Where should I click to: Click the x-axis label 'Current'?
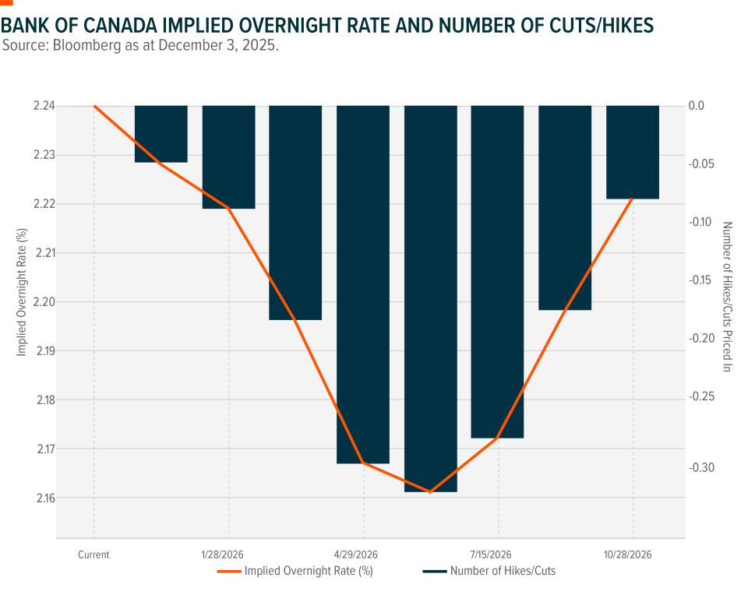(x=93, y=555)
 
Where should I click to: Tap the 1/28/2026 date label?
(x=228, y=555)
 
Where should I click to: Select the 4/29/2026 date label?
(x=363, y=555)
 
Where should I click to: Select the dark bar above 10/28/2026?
(x=633, y=152)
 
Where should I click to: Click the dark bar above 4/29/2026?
(x=363, y=284)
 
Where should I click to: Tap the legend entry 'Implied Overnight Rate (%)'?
(x=308, y=571)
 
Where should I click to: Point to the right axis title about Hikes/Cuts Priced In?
(x=727, y=297)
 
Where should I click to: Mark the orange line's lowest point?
(x=430, y=492)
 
